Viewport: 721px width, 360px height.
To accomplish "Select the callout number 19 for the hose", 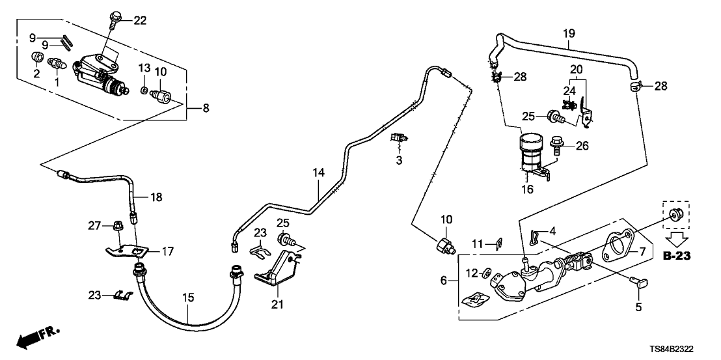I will click(568, 32).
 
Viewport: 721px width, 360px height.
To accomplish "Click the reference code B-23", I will click(676, 256).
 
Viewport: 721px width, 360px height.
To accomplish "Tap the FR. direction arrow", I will click(34, 338).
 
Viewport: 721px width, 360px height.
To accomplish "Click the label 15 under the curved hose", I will click(188, 298).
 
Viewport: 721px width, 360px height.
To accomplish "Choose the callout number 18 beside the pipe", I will click(157, 197).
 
